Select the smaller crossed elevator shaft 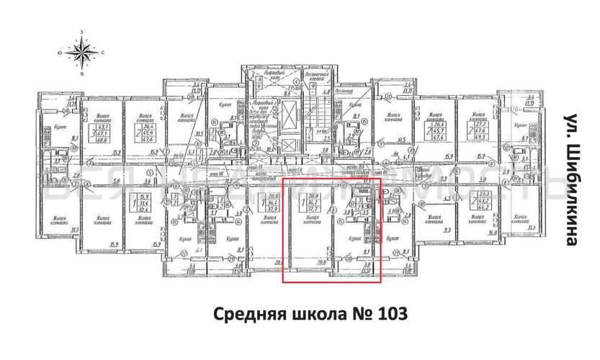(289, 143)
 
